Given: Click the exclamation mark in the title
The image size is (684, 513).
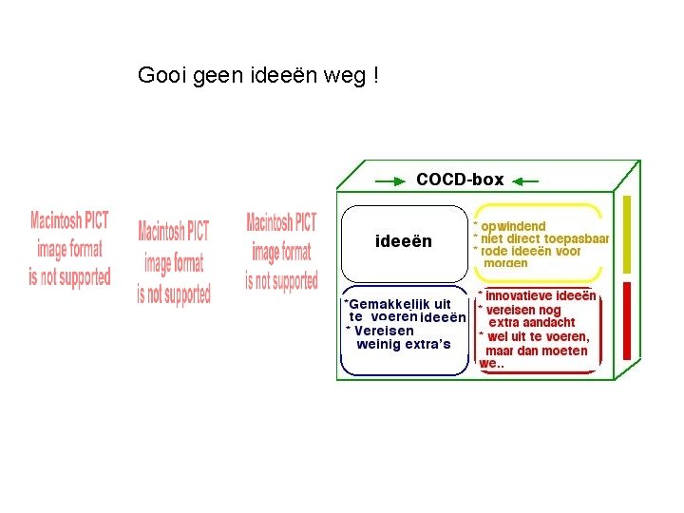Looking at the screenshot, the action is tap(376, 75).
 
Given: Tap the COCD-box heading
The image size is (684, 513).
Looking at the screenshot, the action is tap(460, 180).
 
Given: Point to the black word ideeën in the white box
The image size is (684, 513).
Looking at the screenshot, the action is tap(404, 241).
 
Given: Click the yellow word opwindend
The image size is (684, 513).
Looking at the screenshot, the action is tap(513, 226).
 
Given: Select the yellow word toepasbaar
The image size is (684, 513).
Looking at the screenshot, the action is tap(576, 238).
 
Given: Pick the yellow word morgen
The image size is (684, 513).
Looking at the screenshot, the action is tap(505, 263).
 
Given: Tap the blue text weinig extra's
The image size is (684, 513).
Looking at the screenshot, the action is tap(403, 344).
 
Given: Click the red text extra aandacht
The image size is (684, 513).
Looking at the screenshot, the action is tap(532, 323).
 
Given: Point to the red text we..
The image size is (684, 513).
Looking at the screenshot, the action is tap(487, 364).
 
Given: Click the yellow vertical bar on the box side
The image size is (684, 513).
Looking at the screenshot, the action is tap(626, 233).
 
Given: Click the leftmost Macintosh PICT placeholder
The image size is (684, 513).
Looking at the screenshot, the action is tap(70, 249).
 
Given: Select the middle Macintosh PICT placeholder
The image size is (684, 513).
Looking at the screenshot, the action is tap(174, 262).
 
